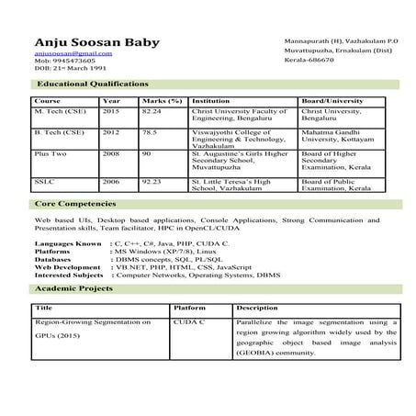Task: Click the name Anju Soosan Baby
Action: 96,42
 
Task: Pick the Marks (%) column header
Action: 162,100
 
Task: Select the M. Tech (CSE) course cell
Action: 58,110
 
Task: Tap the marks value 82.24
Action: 152,110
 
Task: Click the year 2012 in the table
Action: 111,131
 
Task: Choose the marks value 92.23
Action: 152,182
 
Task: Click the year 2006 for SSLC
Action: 111,182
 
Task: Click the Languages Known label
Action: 67,243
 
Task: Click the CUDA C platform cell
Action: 190,323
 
